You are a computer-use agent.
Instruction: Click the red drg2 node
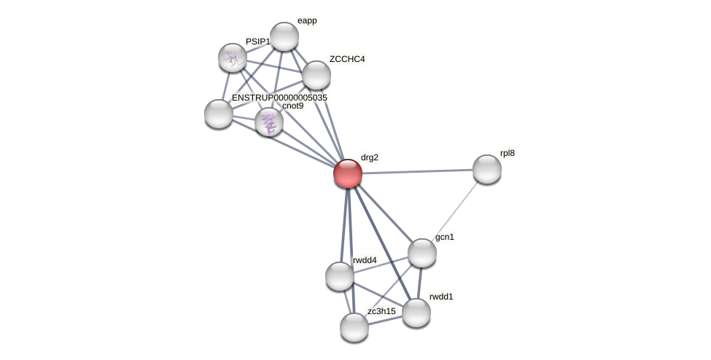click(348, 173)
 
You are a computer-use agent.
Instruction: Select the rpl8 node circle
click(486, 169)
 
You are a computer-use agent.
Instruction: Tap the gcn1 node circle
click(421, 253)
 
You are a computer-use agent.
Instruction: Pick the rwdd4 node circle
click(340, 276)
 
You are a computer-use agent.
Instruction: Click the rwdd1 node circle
click(416, 313)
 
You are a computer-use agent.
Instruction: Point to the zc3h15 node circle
click(354, 327)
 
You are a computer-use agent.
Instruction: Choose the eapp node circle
click(284, 36)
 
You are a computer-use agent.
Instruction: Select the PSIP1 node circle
click(233, 58)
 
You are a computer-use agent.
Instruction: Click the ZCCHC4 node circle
click(316, 75)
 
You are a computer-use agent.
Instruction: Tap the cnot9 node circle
click(269, 122)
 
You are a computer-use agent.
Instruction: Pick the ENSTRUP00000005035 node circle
click(219, 114)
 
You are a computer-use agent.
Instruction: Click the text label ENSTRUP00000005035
click(279, 98)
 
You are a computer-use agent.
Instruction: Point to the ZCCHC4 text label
click(347, 59)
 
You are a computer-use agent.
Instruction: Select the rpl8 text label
click(508, 153)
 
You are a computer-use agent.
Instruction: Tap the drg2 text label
click(370, 157)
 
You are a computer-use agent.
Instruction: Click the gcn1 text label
click(445, 237)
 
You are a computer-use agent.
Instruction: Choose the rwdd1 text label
click(441, 297)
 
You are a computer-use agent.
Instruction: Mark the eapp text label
click(307, 21)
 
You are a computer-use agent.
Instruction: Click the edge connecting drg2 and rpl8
click(417, 171)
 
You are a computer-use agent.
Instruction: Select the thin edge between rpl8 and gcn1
click(454, 211)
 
